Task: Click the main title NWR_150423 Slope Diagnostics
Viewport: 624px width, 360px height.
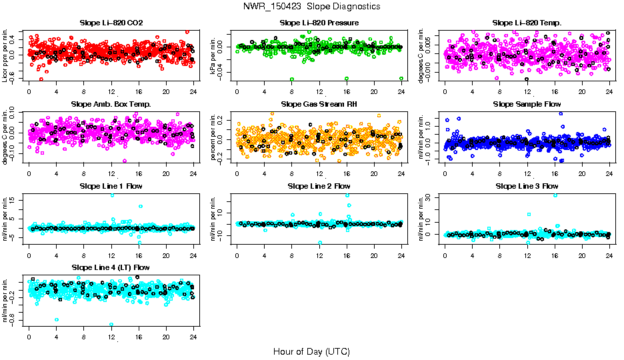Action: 312,6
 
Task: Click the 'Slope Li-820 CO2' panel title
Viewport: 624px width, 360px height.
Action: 111,23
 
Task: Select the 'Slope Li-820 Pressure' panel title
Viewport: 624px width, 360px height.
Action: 319,23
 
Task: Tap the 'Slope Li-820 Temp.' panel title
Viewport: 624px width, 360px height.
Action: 527,23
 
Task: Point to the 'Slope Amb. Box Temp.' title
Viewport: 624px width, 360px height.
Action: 111,104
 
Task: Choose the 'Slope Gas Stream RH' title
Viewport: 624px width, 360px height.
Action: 319,104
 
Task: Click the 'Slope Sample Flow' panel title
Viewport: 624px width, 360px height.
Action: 527,104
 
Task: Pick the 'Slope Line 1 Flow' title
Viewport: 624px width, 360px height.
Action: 111,185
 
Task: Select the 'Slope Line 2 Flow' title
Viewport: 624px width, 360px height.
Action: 319,185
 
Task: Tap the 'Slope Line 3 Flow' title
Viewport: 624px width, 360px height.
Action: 527,185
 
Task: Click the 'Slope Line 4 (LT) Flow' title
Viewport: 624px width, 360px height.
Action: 111,267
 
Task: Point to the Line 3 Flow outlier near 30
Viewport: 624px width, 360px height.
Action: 555,195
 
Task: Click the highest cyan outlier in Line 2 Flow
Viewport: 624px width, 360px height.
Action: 347,195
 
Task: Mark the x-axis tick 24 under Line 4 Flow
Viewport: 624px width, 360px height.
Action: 193,337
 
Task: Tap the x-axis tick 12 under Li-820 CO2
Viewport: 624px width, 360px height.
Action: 111,91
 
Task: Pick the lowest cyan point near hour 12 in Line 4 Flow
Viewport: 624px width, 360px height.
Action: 111,325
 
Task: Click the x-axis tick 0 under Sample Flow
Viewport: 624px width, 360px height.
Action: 445,173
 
